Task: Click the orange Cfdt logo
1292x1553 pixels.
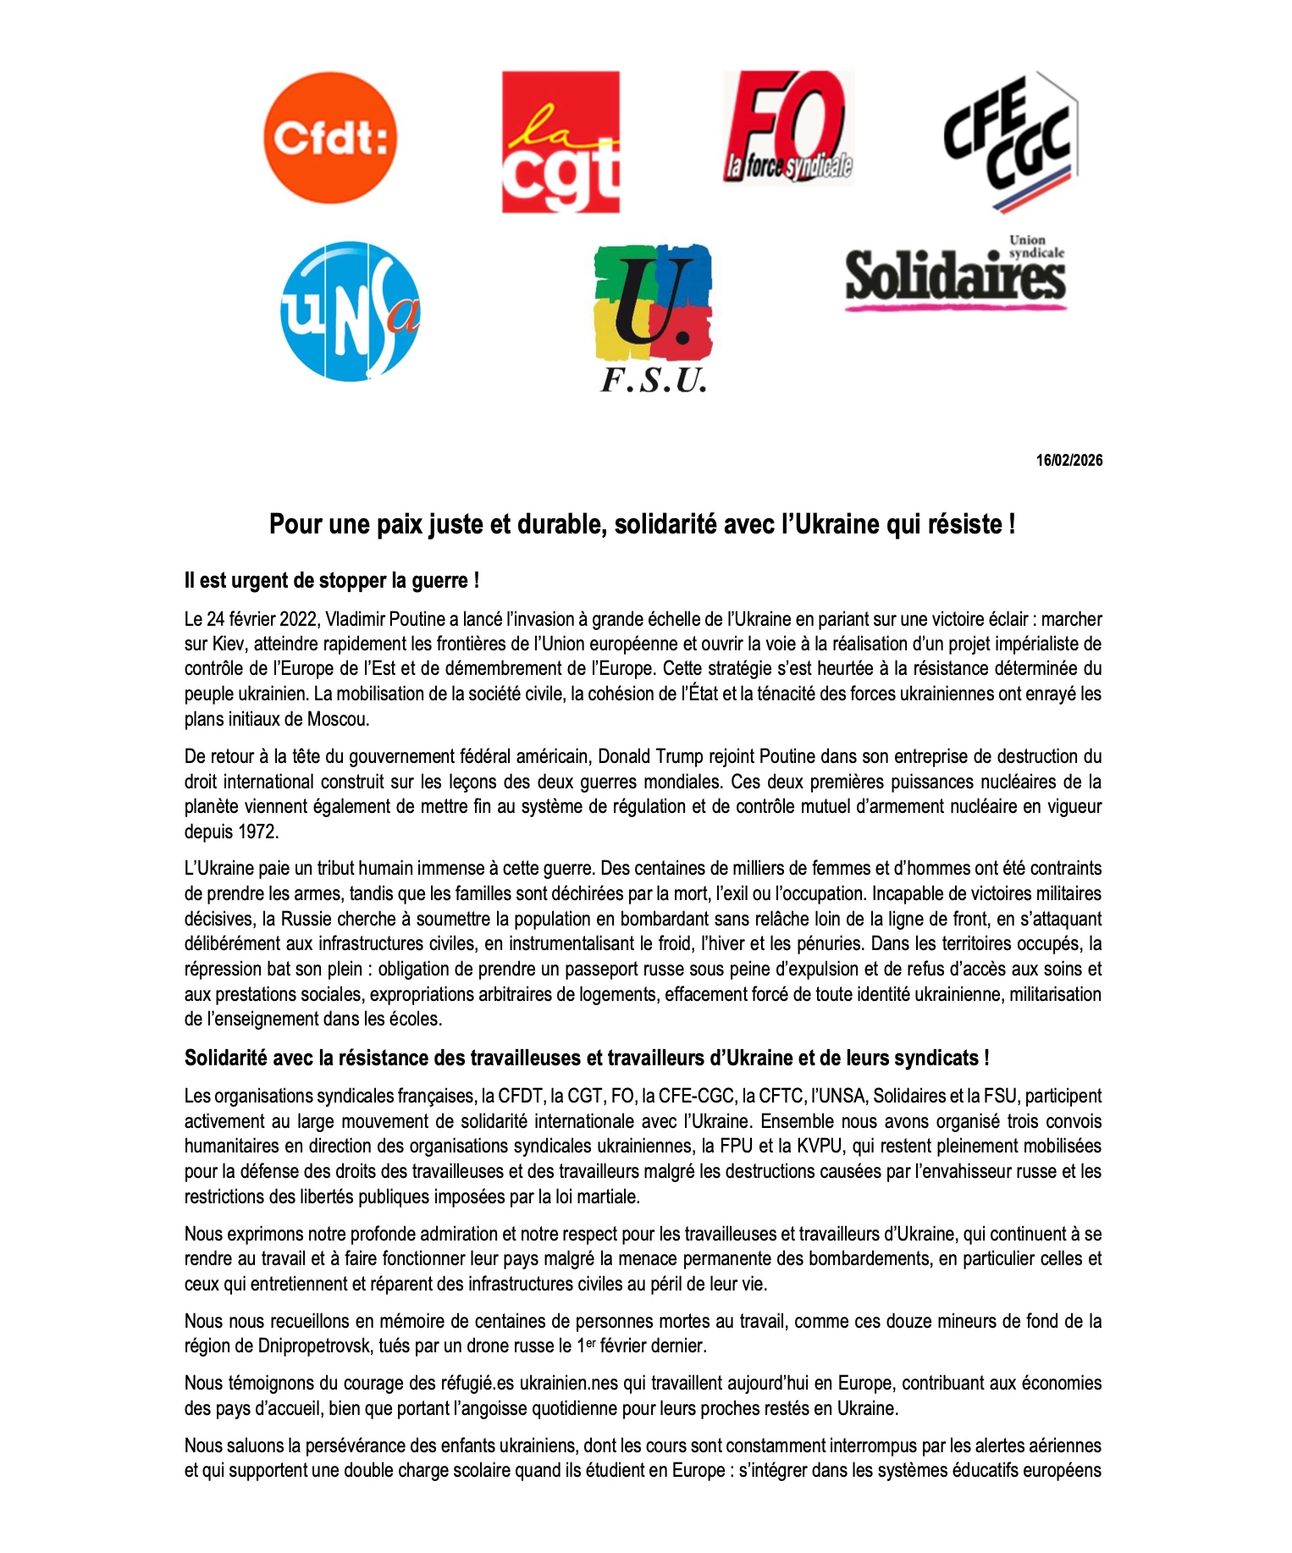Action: click(x=330, y=138)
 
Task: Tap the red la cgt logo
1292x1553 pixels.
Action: click(x=560, y=141)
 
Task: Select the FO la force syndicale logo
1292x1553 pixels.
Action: click(x=788, y=128)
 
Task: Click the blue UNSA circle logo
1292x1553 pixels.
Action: click(x=351, y=311)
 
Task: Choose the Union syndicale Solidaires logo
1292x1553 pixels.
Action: click(x=955, y=274)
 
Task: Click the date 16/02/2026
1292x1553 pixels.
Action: click(x=1069, y=461)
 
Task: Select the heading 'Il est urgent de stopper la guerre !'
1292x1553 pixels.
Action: click(x=332, y=581)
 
